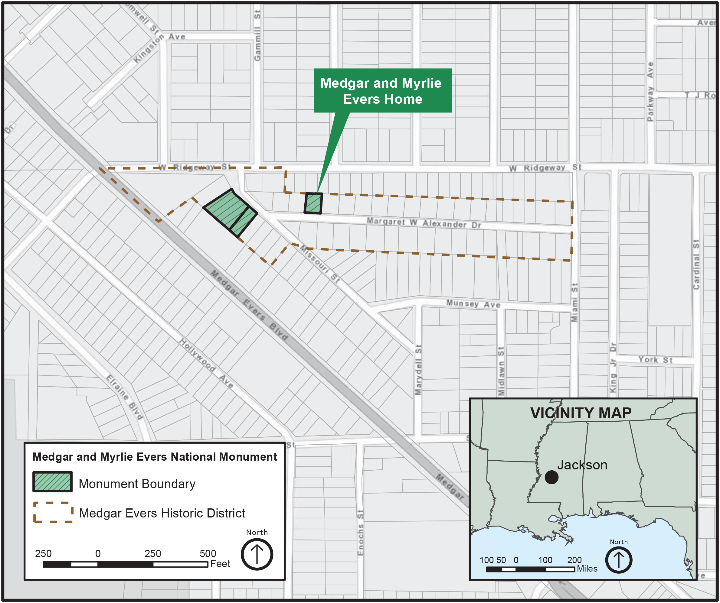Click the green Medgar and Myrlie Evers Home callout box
[x=383, y=90]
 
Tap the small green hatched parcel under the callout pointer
[x=313, y=203]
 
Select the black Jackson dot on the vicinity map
[x=551, y=477]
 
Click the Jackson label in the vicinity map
[x=582, y=465]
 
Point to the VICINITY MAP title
[x=581, y=413]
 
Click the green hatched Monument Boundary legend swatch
[x=52, y=482]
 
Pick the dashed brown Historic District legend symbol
[x=53, y=512]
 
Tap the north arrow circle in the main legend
[x=257, y=554]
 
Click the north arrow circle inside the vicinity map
[x=619, y=560]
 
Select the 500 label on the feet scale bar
[x=208, y=553]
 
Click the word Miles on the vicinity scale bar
[x=587, y=569]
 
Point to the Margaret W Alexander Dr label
[x=424, y=223]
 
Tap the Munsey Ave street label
[x=473, y=304]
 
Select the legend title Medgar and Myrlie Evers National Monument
[x=155, y=457]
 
